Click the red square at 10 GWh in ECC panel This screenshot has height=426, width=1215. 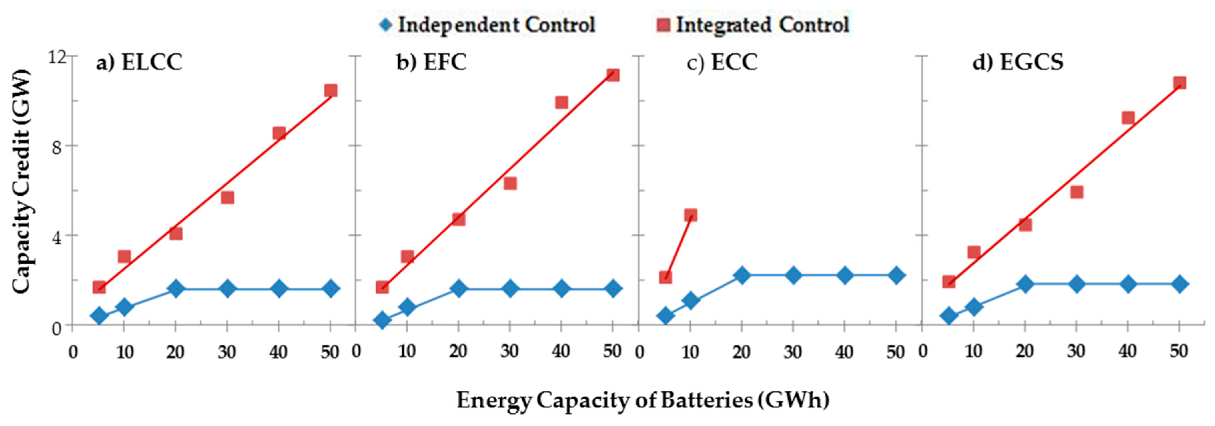(x=690, y=215)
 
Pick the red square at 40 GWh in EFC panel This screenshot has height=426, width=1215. (x=561, y=102)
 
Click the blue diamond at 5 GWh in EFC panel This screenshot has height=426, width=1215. (x=382, y=320)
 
